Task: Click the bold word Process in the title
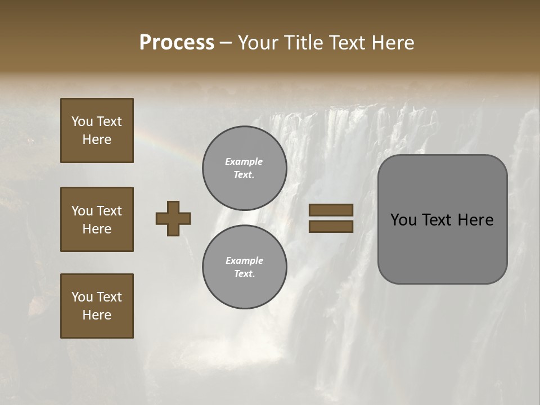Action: pyautogui.click(x=177, y=42)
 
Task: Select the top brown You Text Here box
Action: pyautogui.click(x=97, y=130)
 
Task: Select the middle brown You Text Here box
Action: pyautogui.click(x=97, y=219)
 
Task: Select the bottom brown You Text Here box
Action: pyautogui.click(x=97, y=306)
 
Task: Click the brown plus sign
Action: pyautogui.click(x=173, y=218)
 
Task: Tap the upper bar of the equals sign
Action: pyautogui.click(x=331, y=210)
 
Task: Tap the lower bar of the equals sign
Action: pyautogui.click(x=331, y=226)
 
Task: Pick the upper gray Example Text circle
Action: pyautogui.click(x=244, y=168)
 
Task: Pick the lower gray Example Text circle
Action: pyautogui.click(x=244, y=267)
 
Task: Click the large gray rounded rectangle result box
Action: pyautogui.click(x=442, y=247)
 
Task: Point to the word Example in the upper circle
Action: pyautogui.click(x=244, y=161)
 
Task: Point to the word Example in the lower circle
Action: pyautogui.click(x=244, y=260)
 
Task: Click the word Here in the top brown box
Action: pyautogui.click(x=97, y=139)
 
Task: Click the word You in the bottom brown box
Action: pyautogui.click(x=82, y=297)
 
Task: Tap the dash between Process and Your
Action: pyautogui.click(x=226, y=43)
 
